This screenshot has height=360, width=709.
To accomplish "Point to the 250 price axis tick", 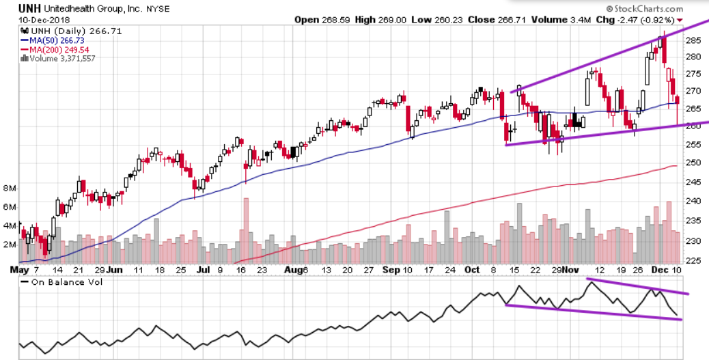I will coord(693,163).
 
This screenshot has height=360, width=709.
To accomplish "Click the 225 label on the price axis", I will coord(693,260).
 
